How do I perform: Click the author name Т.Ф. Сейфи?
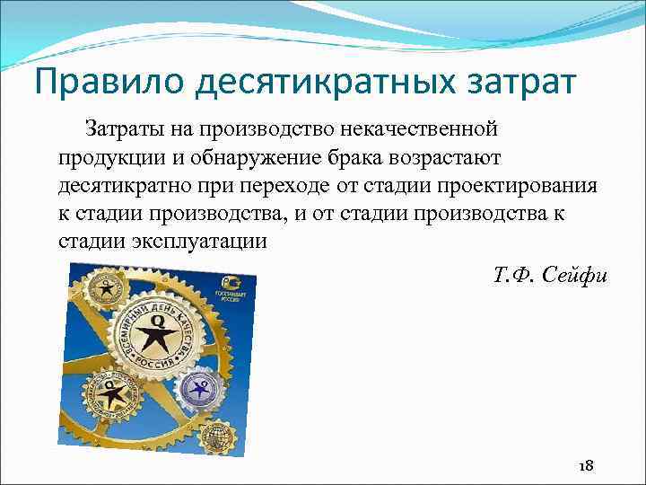[x=550, y=274]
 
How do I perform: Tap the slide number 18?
[x=587, y=465]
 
